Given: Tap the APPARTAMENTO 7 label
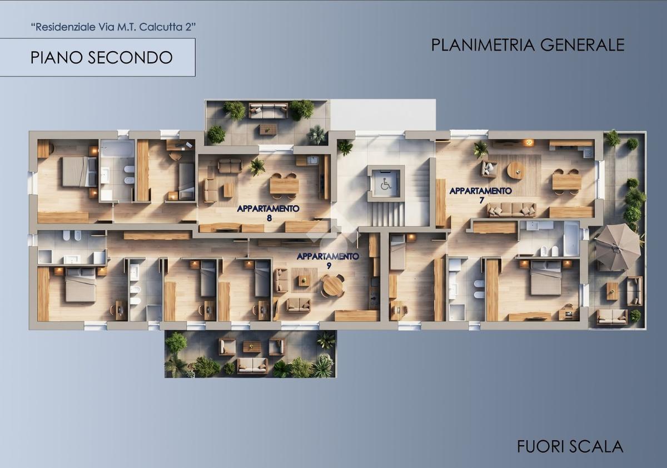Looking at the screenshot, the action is tap(481, 195).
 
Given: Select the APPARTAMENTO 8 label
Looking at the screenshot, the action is tap(268, 213).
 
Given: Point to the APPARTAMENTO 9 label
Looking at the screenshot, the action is tap(328, 261).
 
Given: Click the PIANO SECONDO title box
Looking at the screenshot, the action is tap(98, 57).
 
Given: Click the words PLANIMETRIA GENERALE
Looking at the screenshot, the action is tap(527, 45).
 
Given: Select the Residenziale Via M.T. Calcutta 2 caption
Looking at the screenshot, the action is tap(113, 27).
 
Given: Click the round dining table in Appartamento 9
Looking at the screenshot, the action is tap(332, 285).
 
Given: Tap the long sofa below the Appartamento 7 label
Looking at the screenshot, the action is tap(512, 210).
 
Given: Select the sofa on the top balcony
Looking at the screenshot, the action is tap(268, 111).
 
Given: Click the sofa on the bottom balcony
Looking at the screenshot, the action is tap(252, 365).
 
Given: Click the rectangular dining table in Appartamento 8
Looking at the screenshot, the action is tap(284, 186).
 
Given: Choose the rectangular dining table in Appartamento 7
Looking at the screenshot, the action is tap(566, 182).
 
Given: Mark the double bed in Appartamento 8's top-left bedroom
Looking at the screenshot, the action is tap(79, 172).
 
